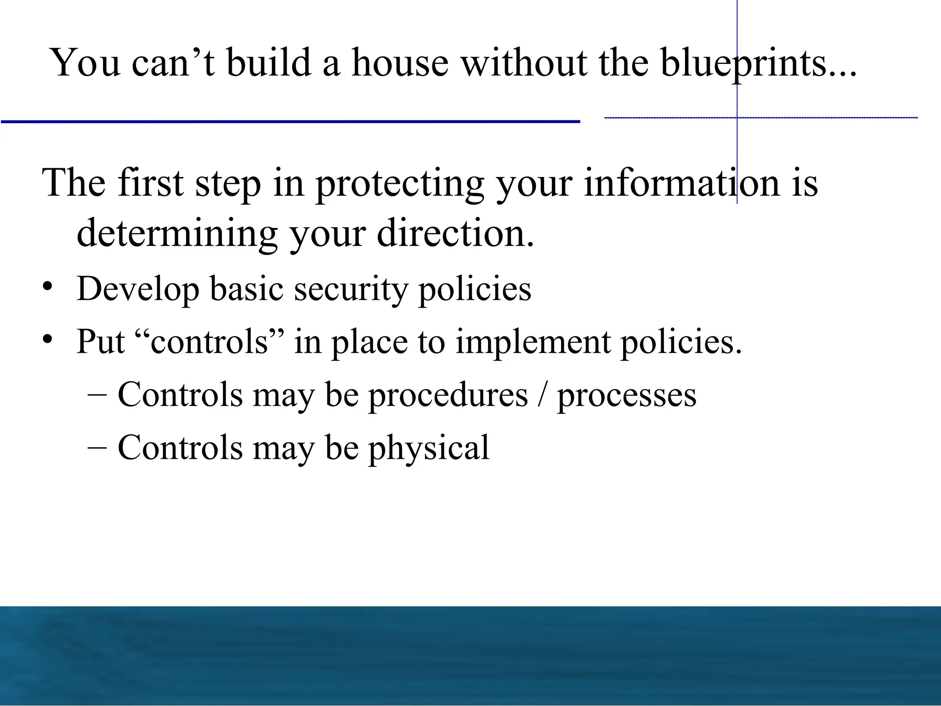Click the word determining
177,234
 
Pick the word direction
455,233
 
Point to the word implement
533,342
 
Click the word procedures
448,395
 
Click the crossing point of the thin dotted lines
737,118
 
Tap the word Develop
138,290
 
